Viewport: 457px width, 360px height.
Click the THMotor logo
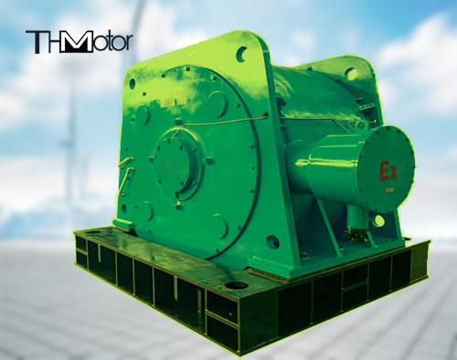(x=79, y=41)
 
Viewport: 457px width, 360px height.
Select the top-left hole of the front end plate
(x=133, y=83)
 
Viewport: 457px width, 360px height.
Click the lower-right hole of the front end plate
(x=271, y=242)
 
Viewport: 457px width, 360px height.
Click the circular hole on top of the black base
(x=236, y=285)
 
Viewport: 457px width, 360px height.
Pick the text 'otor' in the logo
(x=112, y=42)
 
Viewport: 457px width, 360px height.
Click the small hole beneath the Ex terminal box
(x=377, y=220)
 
